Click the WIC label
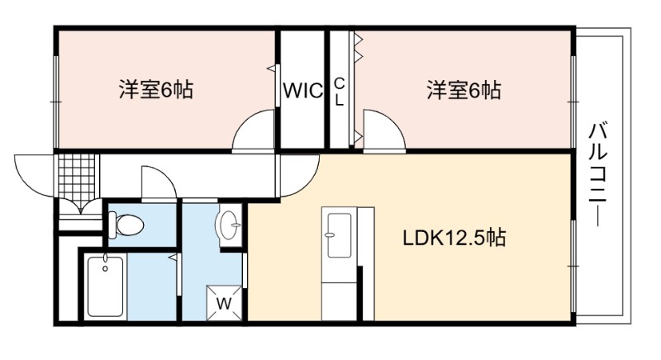coord(303,90)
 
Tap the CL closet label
coord(340,92)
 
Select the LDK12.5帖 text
coord(454,238)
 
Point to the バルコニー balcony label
coord(597,174)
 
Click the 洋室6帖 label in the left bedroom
coord(156,90)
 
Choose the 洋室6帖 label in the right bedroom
coord(464,90)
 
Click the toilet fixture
coord(126,225)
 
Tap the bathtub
coord(106,287)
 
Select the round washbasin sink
coord(228,225)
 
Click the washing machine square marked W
coord(224,303)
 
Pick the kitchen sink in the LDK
coord(340,235)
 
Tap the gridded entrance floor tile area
coord(77,176)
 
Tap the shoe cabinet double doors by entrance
coord(80,207)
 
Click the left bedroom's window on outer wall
coord(55,102)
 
